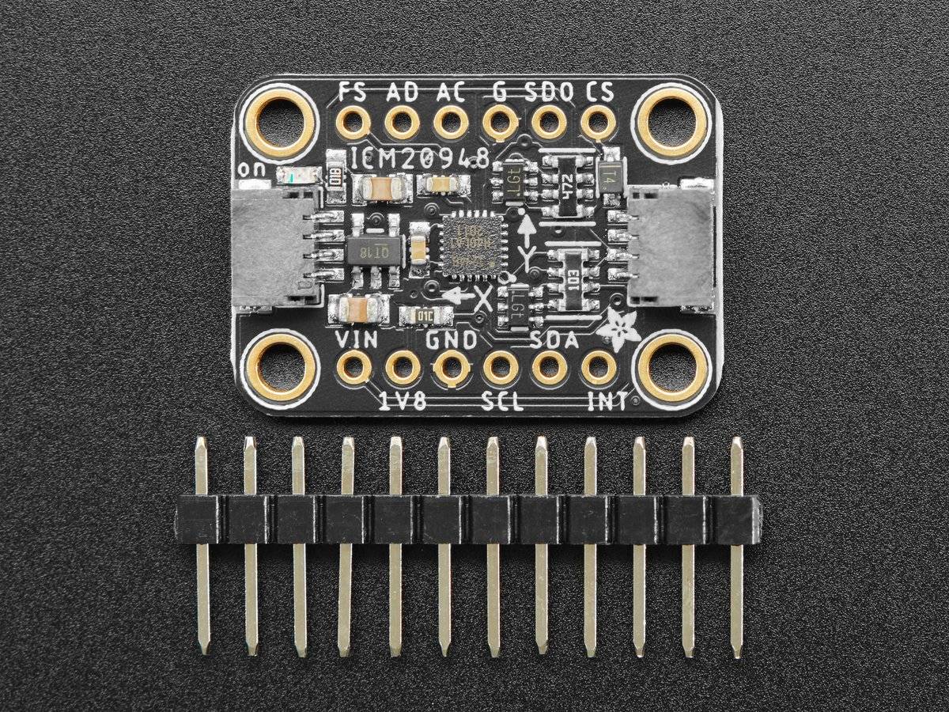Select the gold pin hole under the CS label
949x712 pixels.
[x=599, y=123]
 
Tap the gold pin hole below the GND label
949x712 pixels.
[x=452, y=367]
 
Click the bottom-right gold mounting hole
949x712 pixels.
[x=672, y=367]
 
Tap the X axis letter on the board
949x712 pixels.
[x=482, y=297]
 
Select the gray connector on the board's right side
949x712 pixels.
[x=673, y=245]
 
